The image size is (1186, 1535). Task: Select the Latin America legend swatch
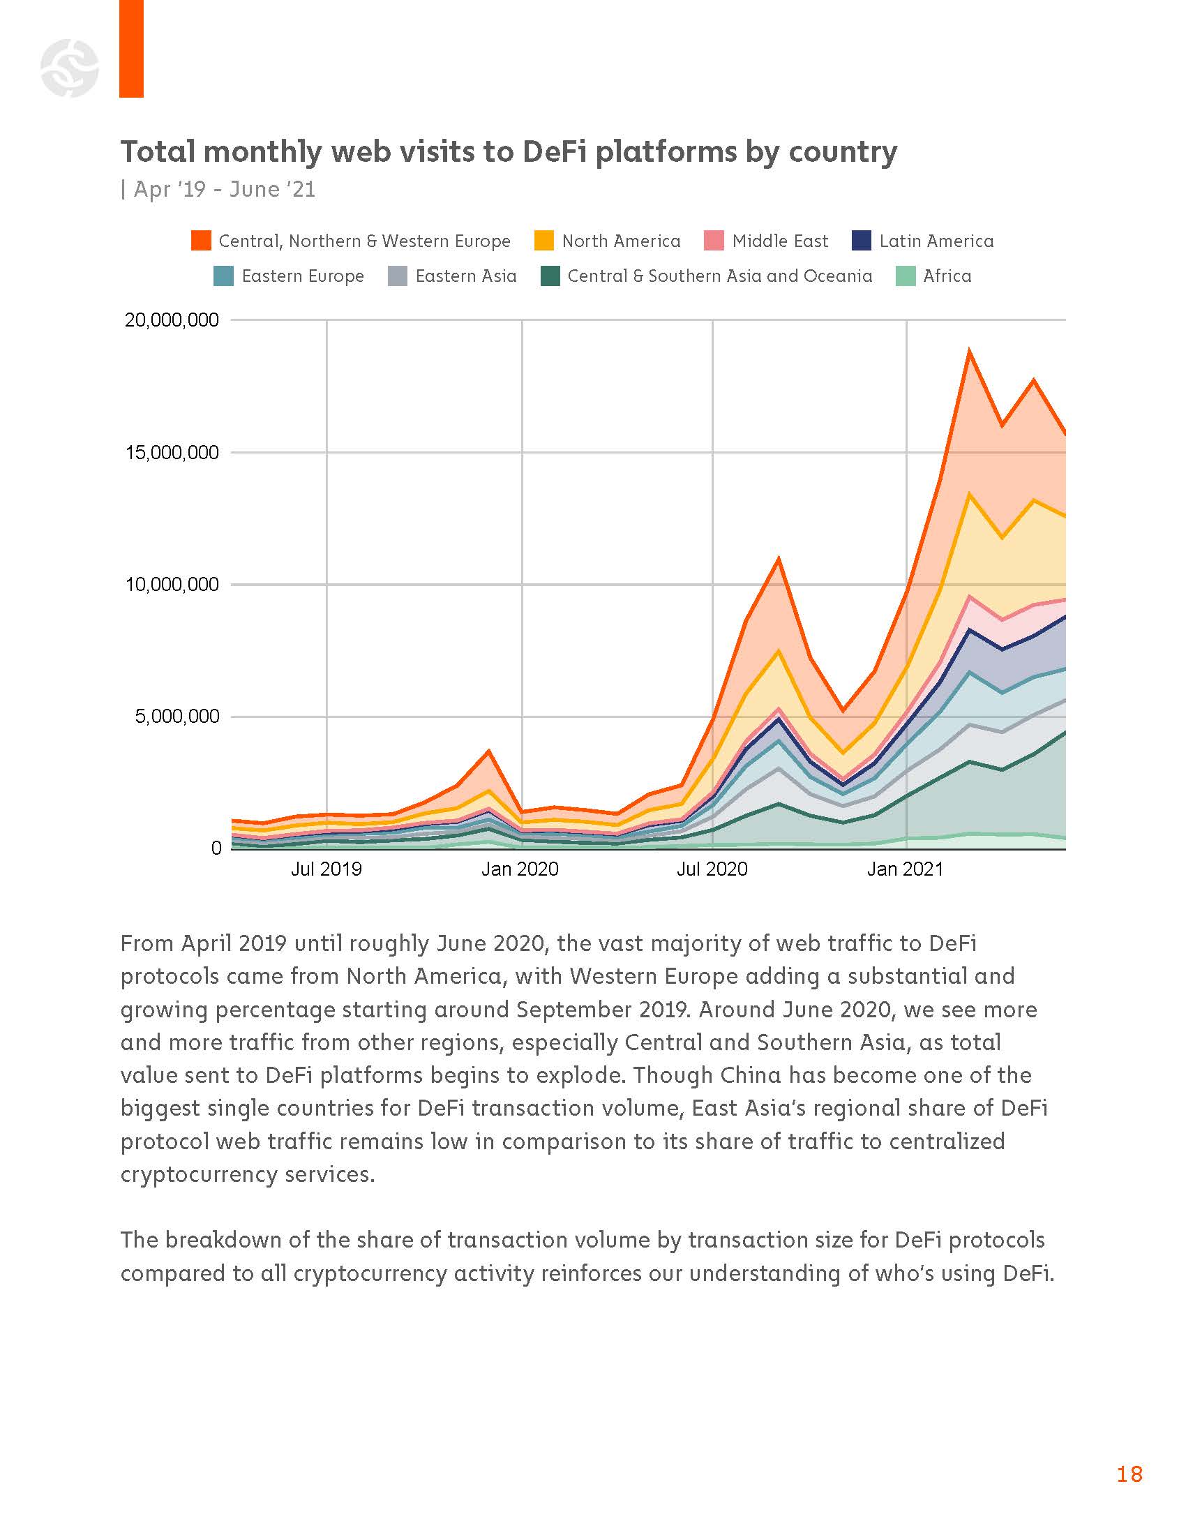pos(862,241)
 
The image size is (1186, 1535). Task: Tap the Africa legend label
pos(947,276)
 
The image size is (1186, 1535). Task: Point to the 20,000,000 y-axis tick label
pos(172,320)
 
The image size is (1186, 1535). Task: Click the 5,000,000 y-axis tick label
pos(177,717)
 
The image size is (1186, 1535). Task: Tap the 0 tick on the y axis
pos(216,848)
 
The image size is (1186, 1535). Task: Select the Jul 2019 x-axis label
pos(326,869)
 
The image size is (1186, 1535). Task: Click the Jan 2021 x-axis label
pos(905,869)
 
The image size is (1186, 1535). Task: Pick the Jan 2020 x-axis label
pos(520,869)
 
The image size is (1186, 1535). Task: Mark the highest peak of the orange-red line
pos(970,350)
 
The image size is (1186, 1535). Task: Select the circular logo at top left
pos(70,68)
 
